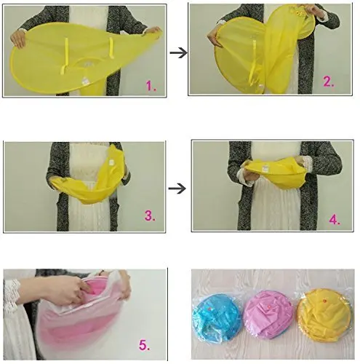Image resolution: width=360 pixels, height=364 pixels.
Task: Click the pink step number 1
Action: point(151,86)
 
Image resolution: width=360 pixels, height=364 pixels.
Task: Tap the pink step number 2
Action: point(329,82)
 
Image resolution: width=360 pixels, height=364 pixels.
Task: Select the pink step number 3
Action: point(150,215)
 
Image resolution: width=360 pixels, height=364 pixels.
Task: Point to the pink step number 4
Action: point(335,219)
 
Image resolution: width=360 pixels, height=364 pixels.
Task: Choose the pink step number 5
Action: point(144,345)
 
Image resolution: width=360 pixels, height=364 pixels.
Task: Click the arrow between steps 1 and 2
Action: point(179,52)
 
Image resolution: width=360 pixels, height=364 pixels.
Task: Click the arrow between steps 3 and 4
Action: point(177,189)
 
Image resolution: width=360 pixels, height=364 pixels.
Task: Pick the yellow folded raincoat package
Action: point(324,314)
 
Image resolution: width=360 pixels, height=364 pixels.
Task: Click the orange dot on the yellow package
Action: point(324,301)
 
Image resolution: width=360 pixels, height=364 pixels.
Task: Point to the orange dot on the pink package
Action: point(268,307)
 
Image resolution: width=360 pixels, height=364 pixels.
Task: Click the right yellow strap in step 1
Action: point(111,48)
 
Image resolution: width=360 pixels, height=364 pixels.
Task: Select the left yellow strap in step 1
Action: point(65,55)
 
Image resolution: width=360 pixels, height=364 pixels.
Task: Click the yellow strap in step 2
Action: point(253,60)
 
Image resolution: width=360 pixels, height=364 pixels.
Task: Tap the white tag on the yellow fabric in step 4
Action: point(265,167)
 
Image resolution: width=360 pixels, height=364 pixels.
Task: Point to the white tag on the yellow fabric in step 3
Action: point(111,162)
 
